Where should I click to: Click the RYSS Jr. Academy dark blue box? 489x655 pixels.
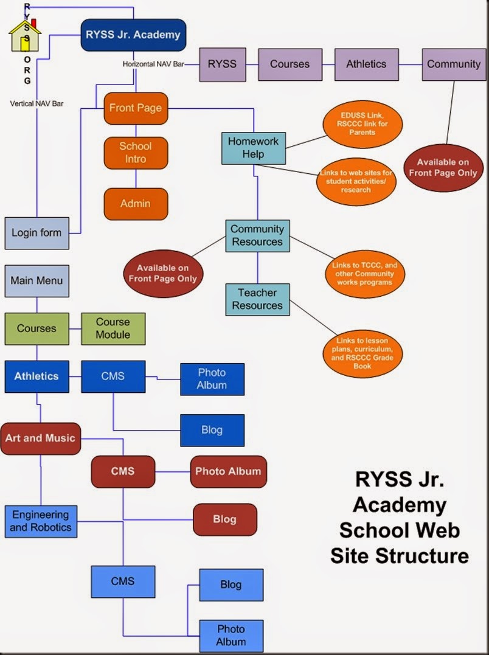pos(133,35)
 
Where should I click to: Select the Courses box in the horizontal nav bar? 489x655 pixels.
pos(290,64)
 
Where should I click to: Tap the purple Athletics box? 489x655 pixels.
pos(366,64)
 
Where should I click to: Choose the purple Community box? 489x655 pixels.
pos(453,64)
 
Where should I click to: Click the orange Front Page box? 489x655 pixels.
pos(135,108)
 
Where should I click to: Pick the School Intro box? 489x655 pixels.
pos(135,153)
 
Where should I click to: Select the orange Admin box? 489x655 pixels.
pos(135,204)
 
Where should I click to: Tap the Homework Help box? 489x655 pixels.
pos(253,148)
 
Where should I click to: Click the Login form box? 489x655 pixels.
pos(36,233)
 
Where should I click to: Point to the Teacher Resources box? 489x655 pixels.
pos(257,299)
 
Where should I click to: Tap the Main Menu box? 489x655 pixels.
pos(36,281)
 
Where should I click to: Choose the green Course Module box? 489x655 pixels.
pos(113,328)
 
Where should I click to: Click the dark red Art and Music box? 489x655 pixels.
pos(40,438)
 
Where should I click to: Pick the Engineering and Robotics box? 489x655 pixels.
pos(41,521)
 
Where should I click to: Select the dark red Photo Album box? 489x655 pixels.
pos(228,471)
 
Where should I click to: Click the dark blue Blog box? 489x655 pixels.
pos(212,430)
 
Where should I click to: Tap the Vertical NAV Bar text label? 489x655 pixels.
pos(36,104)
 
